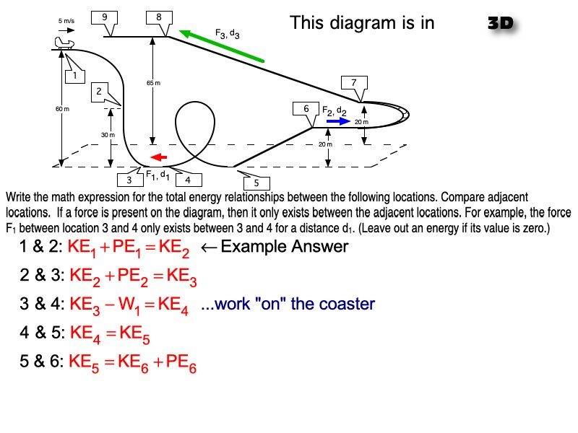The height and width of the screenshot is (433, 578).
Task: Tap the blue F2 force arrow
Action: (337, 122)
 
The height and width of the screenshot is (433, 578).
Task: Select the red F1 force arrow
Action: (158, 157)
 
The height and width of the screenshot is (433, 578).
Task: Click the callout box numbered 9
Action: (105, 17)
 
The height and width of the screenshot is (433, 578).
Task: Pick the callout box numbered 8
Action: (158, 17)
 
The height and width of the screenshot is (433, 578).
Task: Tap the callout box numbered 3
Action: (129, 179)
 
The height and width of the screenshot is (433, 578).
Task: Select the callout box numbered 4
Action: (188, 179)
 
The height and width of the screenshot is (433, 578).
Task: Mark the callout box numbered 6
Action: (306, 109)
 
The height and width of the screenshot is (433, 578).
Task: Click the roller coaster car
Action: (65, 45)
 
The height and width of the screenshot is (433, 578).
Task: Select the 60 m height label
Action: (62, 109)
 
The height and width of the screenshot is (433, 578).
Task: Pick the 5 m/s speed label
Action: (67, 21)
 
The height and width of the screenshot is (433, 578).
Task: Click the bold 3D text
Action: (501, 22)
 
